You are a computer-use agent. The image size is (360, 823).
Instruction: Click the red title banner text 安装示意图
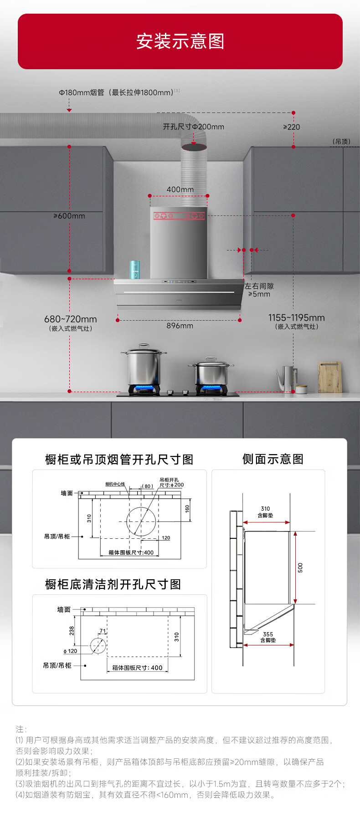coord(180,41)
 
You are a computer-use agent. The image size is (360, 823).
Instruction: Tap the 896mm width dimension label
coord(180,326)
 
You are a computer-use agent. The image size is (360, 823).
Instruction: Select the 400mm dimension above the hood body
coord(180,189)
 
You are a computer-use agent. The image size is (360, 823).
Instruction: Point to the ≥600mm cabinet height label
coord(69,216)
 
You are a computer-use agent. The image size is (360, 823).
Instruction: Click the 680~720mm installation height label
coord(71,319)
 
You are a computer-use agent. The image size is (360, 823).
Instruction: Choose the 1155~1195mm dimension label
coord(296,318)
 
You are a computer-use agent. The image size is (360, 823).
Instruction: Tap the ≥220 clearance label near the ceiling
coord(291,127)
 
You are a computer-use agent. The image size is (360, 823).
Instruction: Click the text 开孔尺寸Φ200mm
coord(193,127)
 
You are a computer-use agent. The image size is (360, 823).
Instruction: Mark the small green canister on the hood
coord(135,269)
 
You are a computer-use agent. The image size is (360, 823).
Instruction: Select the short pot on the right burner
coord(211,373)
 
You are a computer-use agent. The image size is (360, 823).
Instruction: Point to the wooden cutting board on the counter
coord(330,377)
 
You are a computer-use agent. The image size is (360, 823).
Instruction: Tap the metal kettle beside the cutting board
coord(287,378)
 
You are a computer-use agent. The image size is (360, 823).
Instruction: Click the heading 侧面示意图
coord(273,459)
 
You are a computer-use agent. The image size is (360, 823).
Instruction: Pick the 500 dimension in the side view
coord(300,567)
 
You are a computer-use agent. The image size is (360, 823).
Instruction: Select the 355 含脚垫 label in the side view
coord(268,637)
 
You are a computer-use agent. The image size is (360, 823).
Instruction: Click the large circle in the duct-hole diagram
coord(141,521)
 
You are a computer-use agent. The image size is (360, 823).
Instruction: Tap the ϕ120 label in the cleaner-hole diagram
coord(71,651)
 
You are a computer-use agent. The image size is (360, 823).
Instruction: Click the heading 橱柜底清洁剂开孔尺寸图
coord(113,584)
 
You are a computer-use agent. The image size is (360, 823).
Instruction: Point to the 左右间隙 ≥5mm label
coord(259,290)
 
